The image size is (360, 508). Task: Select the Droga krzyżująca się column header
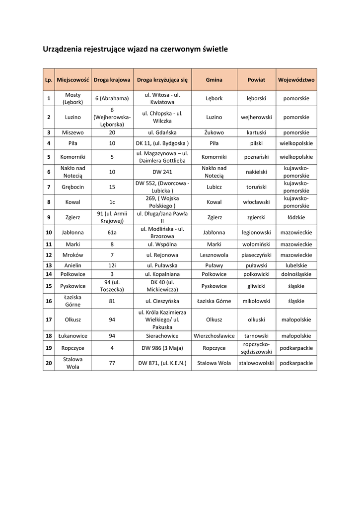(x=162, y=79)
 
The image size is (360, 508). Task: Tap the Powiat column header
(x=256, y=79)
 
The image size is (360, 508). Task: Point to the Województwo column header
(x=296, y=79)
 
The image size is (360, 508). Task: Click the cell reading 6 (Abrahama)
(x=112, y=98)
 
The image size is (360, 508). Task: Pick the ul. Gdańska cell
(x=162, y=132)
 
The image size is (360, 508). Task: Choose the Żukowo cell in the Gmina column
(x=214, y=132)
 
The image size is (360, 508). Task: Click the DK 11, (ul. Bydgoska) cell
(x=162, y=143)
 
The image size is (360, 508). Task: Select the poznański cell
(x=256, y=157)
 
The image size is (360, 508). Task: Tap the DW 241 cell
(x=162, y=172)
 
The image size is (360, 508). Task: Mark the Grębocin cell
(x=73, y=187)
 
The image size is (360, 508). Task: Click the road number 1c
(x=112, y=202)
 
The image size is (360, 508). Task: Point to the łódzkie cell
(x=296, y=217)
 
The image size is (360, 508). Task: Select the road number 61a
(x=112, y=232)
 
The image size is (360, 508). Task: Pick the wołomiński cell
(x=256, y=244)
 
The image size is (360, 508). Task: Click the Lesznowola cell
(x=214, y=255)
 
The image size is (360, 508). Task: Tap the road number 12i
(x=112, y=265)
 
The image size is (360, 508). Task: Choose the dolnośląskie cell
(x=296, y=274)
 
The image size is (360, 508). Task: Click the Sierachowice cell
(x=162, y=336)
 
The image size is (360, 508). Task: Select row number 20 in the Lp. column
(x=49, y=363)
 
